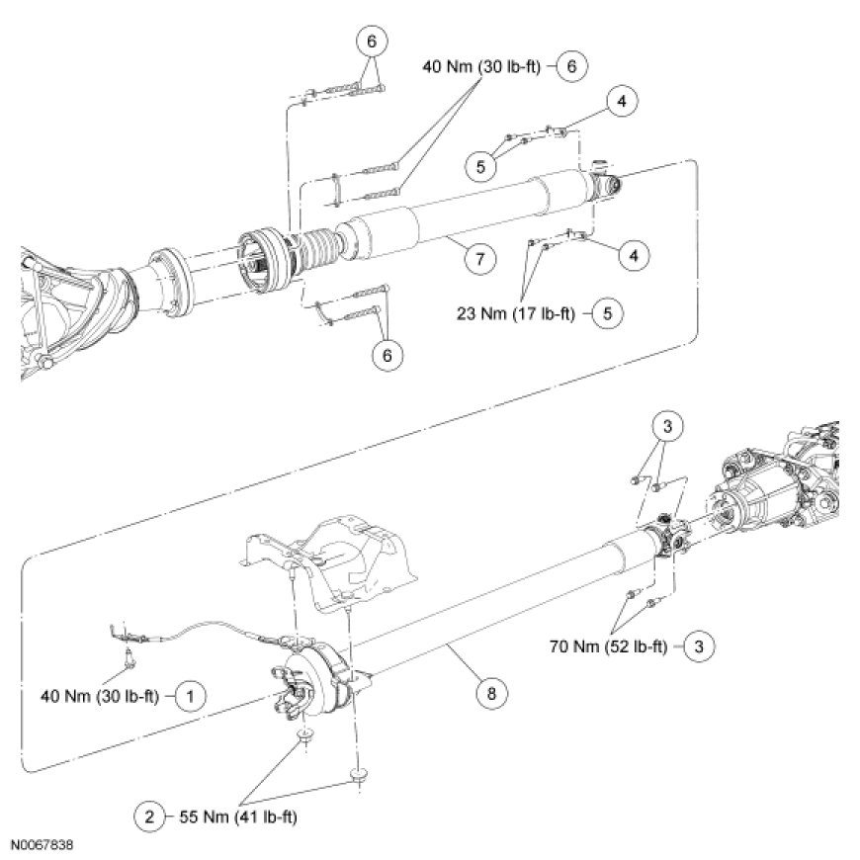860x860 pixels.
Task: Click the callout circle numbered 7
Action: (x=477, y=259)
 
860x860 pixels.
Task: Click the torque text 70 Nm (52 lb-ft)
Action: (x=614, y=648)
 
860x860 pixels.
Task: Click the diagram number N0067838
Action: (x=43, y=847)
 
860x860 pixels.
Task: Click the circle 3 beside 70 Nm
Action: (x=699, y=648)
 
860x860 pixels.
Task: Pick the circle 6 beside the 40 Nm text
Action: (x=572, y=66)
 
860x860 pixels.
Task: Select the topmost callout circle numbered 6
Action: (x=371, y=42)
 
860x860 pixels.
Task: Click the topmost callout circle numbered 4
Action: (x=624, y=101)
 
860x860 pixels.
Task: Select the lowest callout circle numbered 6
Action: (x=387, y=355)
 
